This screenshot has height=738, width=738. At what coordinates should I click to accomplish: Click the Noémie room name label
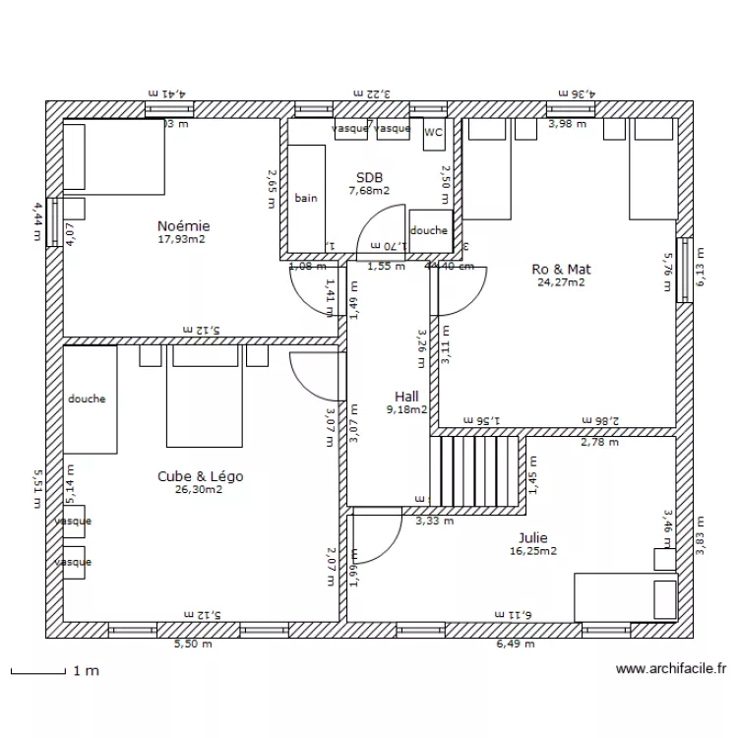coord(183,226)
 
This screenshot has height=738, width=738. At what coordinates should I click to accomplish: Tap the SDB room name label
coord(369,178)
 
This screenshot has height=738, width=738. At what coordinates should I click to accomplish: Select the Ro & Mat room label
coord(560,269)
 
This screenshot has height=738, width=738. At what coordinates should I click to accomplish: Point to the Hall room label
coord(405,397)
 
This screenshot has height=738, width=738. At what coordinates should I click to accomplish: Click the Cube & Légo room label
coord(200,476)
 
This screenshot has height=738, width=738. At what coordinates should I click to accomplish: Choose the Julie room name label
coord(533,538)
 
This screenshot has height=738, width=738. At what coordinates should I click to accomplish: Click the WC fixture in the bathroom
coord(433,132)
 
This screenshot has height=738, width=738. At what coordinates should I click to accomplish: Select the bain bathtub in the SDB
coord(306,197)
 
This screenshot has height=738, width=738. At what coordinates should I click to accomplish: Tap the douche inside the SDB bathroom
coord(428,230)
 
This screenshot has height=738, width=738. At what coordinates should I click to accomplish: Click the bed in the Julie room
coord(626,597)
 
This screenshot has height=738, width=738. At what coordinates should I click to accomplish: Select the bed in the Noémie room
coord(113,156)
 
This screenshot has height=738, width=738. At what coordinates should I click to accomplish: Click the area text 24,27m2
coord(560,282)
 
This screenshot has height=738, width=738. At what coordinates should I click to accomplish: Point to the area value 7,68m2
coord(369,191)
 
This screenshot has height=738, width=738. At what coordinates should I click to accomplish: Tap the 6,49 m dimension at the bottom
coord(516,645)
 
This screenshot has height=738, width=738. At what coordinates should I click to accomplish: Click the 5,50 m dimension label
coord(191,645)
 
